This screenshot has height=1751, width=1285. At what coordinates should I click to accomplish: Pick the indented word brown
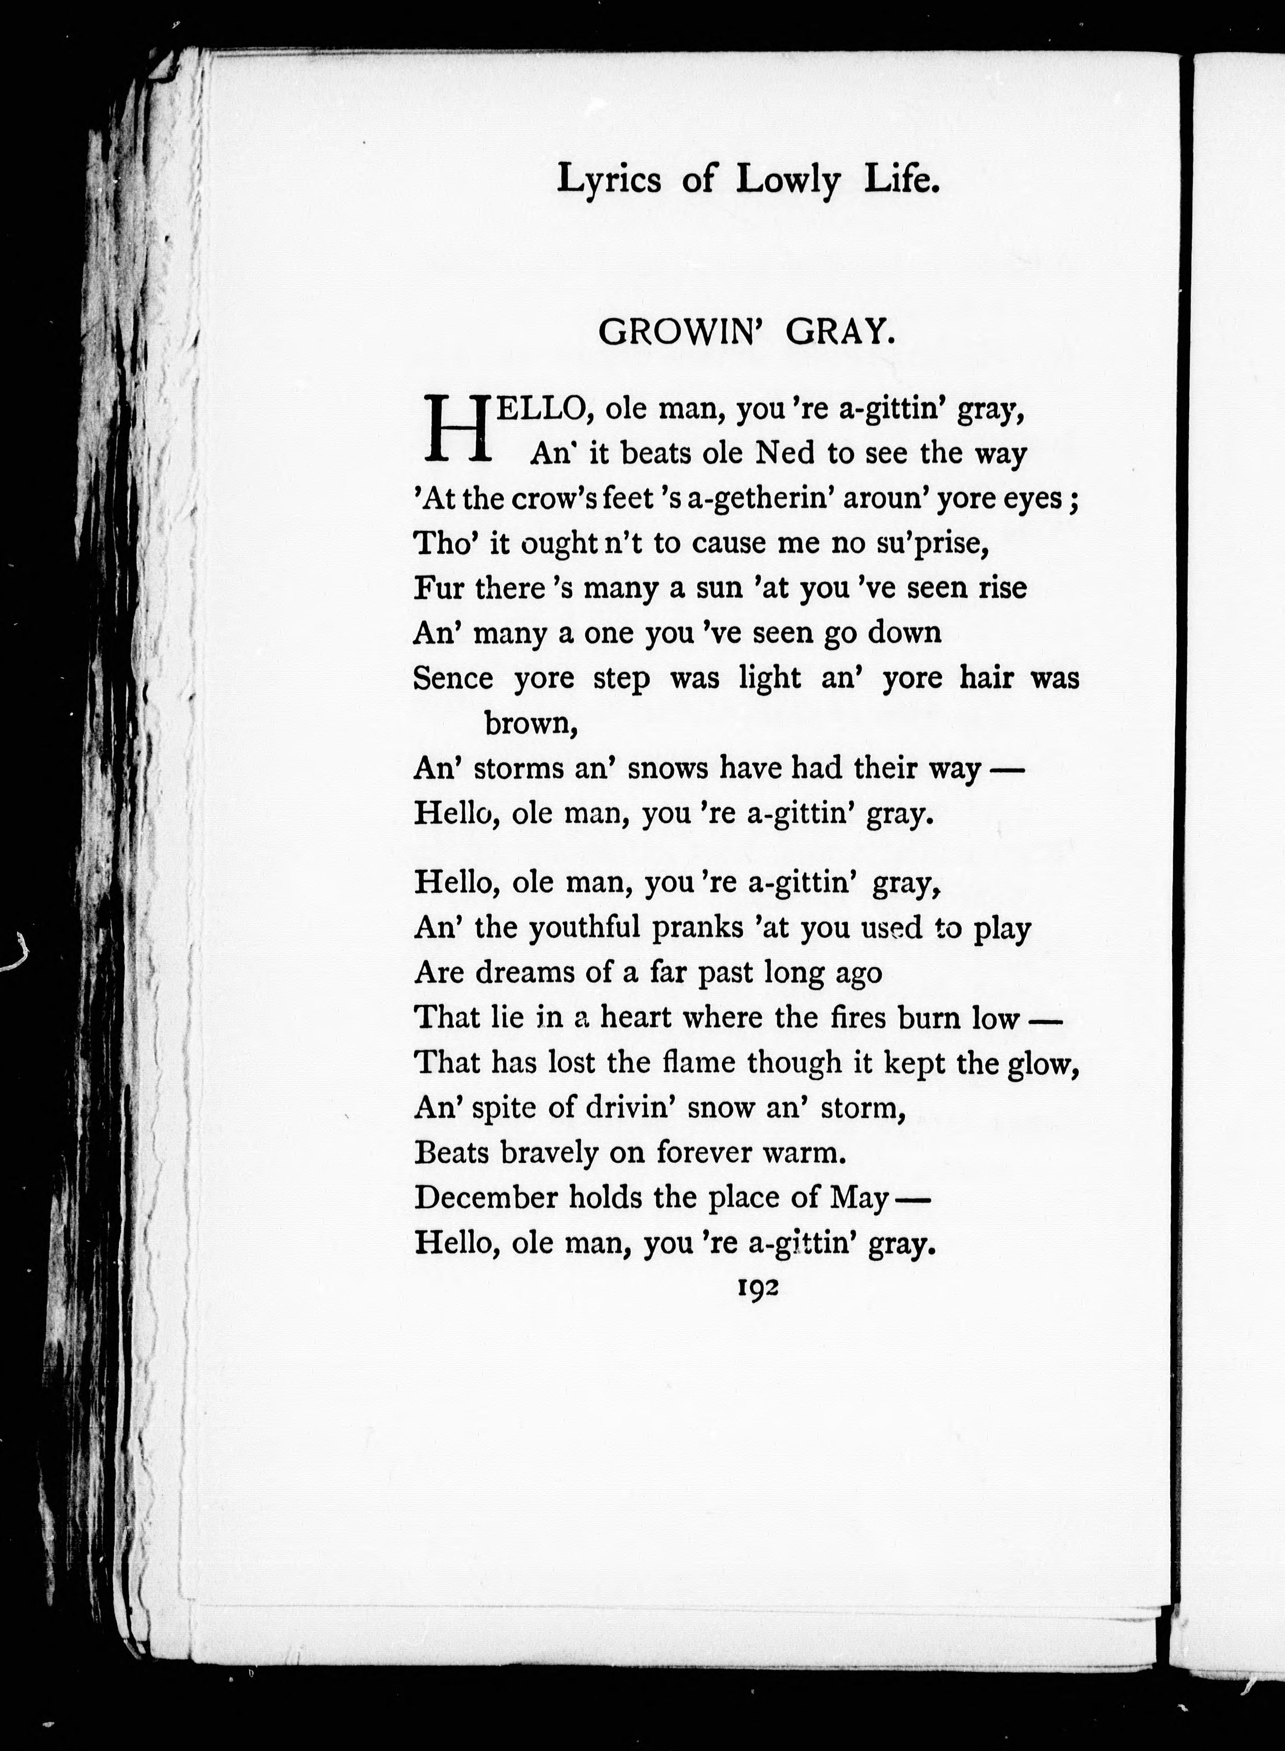click(x=530, y=724)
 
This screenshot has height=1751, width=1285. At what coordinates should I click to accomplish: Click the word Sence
click(x=453, y=679)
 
